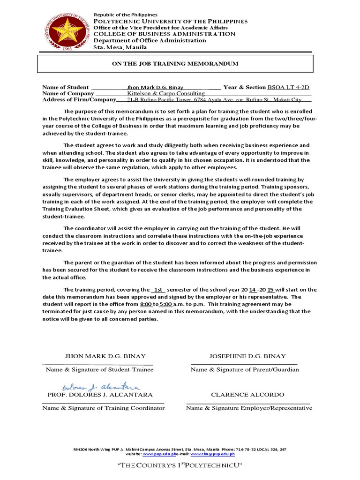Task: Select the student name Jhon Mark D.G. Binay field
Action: pyautogui.click(x=155, y=87)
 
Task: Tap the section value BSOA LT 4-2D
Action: pyautogui.click(x=288, y=87)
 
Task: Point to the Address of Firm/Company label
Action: pyautogui.click(x=79, y=99)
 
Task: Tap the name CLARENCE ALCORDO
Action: pyautogui.click(x=247, y=395)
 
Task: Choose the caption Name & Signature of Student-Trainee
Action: pyautogui.click(x=99, y=369)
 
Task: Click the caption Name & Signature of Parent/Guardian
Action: pyautogui.click(x=244, y=369)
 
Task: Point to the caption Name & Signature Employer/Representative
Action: pyautogui.click(x=249, y=408)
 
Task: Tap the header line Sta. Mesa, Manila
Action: pyautogui.click(x=120, y=47)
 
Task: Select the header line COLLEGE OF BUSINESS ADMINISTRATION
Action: pyautogui.click(x=164, y=34)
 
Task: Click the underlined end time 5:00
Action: pyautogui.click(x=166, y=304)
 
